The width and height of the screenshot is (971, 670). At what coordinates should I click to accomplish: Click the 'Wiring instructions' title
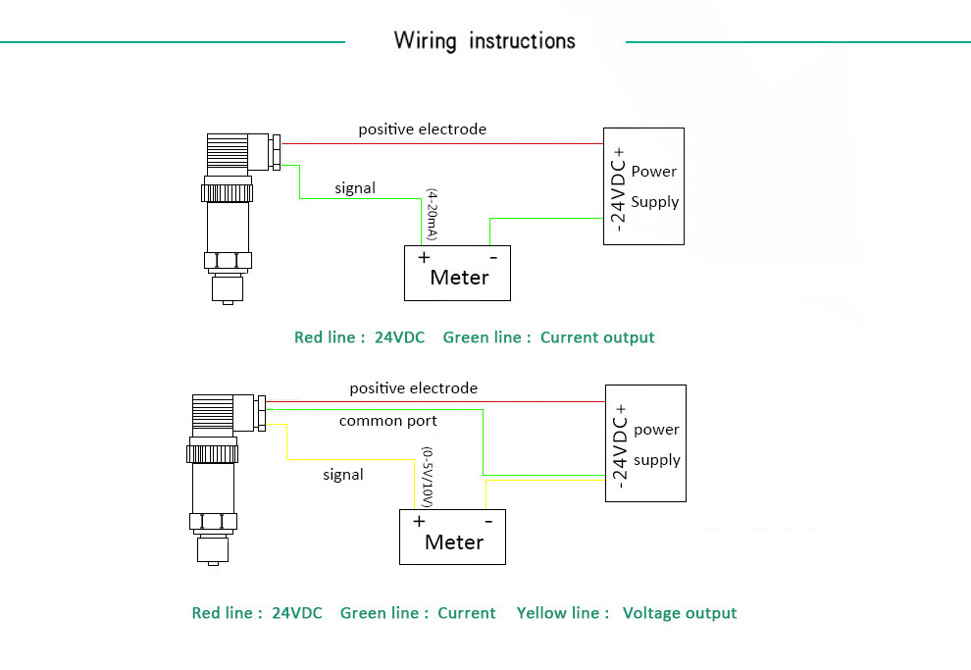pyautogui.click(x=485, y=41)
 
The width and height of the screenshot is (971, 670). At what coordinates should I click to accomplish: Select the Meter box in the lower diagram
pyautogui.click(x=452, y=537)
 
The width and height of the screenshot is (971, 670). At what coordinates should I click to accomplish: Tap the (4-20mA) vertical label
pyautogui.click(x=431, y=216)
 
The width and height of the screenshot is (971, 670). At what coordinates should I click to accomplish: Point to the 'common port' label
pyautogui.click(x=387, y=421)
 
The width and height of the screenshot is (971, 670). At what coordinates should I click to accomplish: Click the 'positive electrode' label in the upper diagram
pyautogui.click(x=422, y=129)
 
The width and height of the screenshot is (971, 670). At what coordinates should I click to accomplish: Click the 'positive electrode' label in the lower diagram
pyautogui.click(x=413, y=388)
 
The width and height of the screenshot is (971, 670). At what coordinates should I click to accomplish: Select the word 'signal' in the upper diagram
pyautogui.click(x=355, y=187)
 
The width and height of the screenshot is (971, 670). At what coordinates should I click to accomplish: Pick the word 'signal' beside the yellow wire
pyautogui.click(x=343, y=475)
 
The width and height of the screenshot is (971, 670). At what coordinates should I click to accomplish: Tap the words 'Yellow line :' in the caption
pyautogui.click(x=557, y=613)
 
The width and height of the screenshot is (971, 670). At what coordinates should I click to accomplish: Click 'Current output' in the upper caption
pyautogui.click(x=597, y=337)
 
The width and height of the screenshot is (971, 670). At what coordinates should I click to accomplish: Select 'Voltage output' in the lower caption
pyautogui.click(x=680, y=613)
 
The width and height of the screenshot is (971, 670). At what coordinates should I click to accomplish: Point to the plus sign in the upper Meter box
pyautogui.click(x=424, y=257)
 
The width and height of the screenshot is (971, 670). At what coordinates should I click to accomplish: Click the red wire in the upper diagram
pyautogui.click(x=441, y=143)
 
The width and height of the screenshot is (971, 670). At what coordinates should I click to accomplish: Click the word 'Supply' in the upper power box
pyautogui.click(x=655, y=202)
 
